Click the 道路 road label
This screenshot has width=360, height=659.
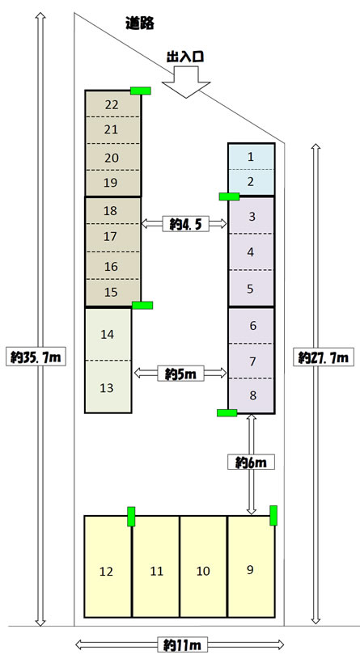140,23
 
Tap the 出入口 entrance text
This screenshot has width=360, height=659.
185,57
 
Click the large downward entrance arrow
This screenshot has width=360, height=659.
186,82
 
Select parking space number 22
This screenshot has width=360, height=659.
112,104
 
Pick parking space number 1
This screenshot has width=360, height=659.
251,157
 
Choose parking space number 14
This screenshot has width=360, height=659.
108,334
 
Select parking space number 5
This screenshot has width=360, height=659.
251,289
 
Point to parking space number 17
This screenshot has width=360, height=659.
110,237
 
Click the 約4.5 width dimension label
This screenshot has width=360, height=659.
186,225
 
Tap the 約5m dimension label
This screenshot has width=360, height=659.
181,374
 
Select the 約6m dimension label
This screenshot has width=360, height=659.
251,463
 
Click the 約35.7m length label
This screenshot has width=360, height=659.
36,357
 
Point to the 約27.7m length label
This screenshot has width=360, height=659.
324,357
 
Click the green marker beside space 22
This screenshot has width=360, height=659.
141,91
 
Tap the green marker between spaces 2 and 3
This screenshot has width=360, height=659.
229,196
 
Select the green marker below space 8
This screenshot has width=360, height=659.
227,412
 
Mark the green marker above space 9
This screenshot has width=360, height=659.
273,516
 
